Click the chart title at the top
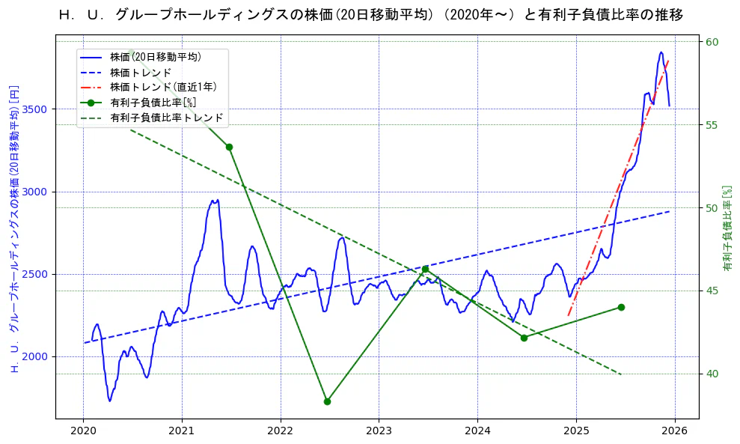coord(370,15)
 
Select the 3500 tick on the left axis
coord(36,109)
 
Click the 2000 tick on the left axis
coord(36,356)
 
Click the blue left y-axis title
coord(14,228)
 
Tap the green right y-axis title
coord(727,228)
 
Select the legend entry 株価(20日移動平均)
coord(155,57)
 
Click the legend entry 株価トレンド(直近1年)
coord(163,87)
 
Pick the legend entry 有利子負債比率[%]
coord(153,103)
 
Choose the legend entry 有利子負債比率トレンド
coord(166,118)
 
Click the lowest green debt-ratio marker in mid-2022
coord(327,401)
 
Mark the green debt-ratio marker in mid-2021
coord(229,147)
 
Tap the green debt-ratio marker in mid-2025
coord(621,307)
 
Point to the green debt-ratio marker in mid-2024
coord(524,338)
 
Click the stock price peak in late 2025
coord(661,52)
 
